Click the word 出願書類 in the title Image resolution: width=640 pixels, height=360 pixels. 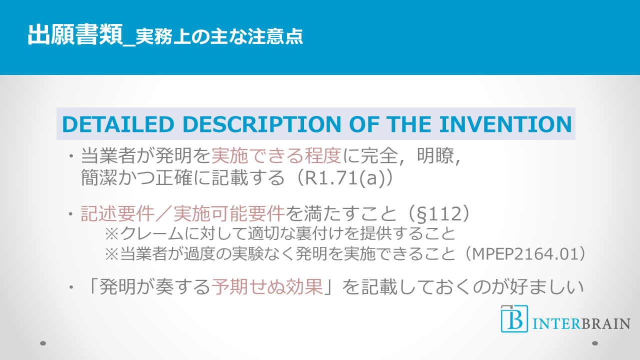pyautogui.click(x=75, y=35)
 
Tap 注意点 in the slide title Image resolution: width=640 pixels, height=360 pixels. pyautogui.click(x=275, y=37)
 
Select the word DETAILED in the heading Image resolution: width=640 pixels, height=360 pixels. pyautogui.click(x=118, y=124)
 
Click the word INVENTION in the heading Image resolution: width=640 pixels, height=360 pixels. pyautogui.click(x=505, y=124)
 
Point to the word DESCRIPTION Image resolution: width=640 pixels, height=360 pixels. pyautogui.click(x=261, y=124)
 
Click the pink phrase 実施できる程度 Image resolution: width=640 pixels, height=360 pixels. pyautogui.click(x=276, y=156)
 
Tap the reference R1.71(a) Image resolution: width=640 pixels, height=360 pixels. pyautogui.click(x=345, y=177)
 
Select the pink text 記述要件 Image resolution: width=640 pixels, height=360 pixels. pyautogui.click(x=117, y=213)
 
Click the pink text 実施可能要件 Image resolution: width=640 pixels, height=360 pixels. pyautogui.click(x=229, y=213)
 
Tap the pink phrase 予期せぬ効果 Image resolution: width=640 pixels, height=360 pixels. pyautogui.click(x=267, y=286)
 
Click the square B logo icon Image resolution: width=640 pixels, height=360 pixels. pyautogui.click(x=514, y=318)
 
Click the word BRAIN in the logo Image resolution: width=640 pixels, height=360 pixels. pyautogui.click(x=605, y=324)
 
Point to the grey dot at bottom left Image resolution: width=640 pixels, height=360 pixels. pyautogui.click(x=43, y=343)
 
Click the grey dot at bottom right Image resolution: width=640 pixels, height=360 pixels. pyautogui.click(x=595, y=343)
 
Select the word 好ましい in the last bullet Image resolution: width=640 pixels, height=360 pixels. pyautogui.click(x=546, y=286)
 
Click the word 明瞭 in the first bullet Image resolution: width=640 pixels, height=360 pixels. pyautogui.click(x=435, y=156)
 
